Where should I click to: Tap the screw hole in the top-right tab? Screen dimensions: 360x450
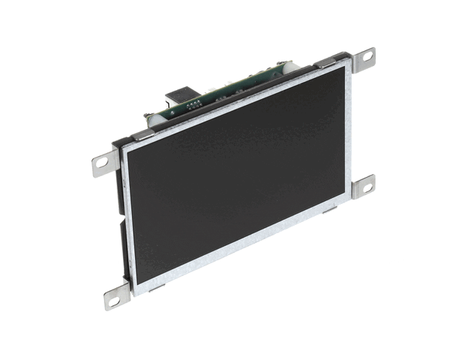pos(367,55)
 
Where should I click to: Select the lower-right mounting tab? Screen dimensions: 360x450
pos(362,185)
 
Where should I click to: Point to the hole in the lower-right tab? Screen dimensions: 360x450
pos(366,184)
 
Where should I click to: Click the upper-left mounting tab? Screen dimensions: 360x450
pos(105,163)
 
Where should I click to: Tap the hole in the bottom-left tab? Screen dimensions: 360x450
pos(114,300)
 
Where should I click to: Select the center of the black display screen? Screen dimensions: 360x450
pos(236,176)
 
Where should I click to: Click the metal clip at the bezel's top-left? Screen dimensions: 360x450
pos(142,135)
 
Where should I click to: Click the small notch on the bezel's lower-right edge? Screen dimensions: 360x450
pos(329,211)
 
